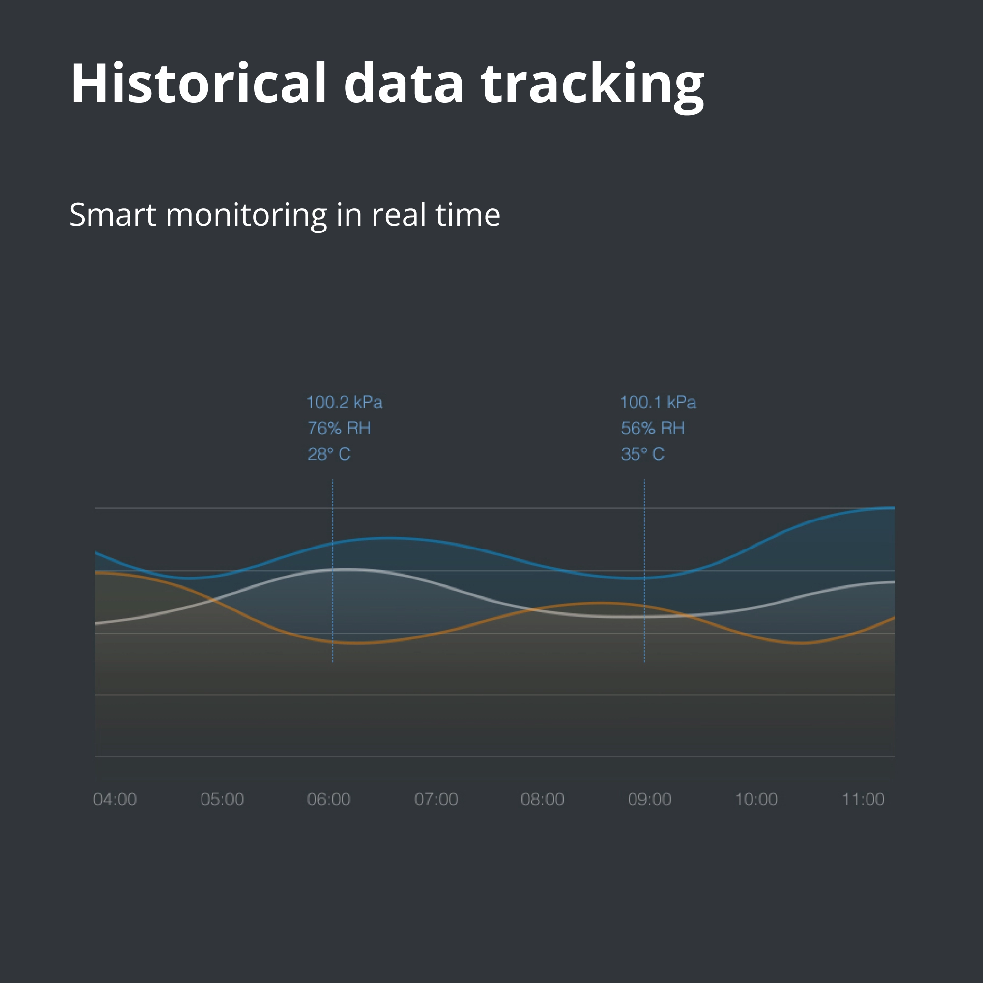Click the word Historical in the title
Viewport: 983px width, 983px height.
(199, 83)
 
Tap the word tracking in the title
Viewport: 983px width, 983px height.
(593, 87)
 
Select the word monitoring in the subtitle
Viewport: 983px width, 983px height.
(246, 216)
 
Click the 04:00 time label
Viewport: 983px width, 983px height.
(115, 799)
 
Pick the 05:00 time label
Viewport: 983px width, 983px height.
(222, 799)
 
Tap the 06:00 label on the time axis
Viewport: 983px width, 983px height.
(329, 799)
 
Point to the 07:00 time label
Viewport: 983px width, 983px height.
(436, 799)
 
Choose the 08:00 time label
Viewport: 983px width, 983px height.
(543, 799)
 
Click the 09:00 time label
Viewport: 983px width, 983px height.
(650, 799)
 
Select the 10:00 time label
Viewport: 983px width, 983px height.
(756, 799)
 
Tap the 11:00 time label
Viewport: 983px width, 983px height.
(863, 799)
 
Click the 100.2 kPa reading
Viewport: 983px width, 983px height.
(345, 403)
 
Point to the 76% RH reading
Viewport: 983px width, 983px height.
(339, 428)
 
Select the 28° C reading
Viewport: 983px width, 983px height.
(329, 454)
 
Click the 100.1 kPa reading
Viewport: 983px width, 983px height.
(658, 403)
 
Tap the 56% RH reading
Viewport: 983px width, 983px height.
(653, 428)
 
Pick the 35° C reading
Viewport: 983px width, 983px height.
(642, 454)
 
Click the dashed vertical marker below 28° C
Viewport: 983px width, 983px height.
(333, 570)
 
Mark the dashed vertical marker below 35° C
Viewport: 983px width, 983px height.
(644, 570)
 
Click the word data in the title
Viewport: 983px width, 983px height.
(404, 83)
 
